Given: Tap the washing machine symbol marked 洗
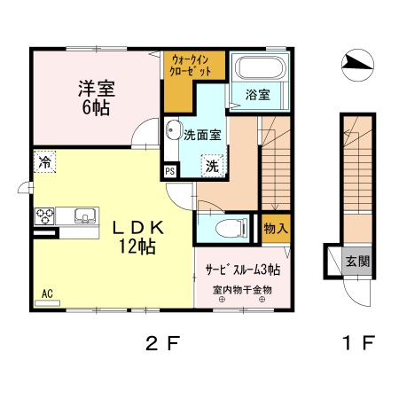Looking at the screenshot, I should tap(212, 164).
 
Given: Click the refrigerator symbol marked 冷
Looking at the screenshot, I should tap(43, 161).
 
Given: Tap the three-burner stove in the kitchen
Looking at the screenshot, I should tap(45, 215).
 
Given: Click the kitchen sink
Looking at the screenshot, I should tap(84, 215).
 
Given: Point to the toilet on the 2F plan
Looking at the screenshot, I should tap(231, 229).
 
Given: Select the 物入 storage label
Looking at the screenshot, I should tap(275, 228).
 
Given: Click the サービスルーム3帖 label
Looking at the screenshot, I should tap(243, 270).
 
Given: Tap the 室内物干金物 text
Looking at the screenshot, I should tap(242, 290).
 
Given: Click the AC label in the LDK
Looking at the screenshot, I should tap(47, 292).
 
